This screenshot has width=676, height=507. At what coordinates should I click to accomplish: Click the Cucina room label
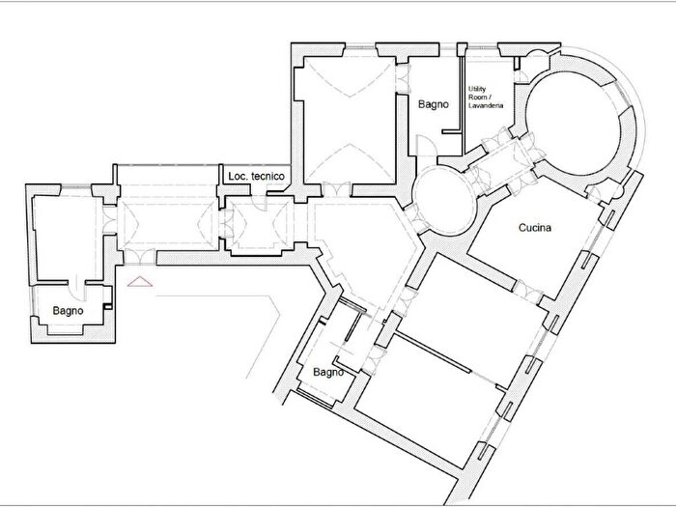(535, 227)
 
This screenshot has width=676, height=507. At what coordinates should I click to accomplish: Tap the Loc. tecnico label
(256, 176)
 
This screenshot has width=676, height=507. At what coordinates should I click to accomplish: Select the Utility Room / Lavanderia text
(486, 97)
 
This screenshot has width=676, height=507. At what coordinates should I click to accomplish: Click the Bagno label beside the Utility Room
(434, 104)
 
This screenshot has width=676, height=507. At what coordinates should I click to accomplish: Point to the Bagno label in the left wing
(68, 310)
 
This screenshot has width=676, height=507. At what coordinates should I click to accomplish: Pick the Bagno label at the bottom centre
(328, 372)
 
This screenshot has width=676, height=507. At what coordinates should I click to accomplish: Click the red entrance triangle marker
(140, 282)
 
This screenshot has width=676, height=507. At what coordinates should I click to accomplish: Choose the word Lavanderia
(486, 105)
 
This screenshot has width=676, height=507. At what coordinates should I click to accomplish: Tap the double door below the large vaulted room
(337, 189)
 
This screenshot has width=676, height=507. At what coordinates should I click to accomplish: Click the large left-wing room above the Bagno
(67, 238)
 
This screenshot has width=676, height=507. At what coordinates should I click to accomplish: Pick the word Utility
(477, 89)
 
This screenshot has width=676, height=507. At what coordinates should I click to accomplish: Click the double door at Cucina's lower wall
(528, 292)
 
